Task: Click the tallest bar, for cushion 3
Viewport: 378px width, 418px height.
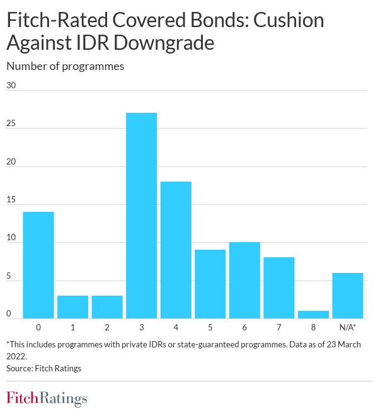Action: pos(142,216)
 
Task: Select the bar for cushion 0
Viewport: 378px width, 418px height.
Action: pos(38,265)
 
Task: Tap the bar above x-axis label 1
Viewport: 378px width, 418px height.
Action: pos(73,307)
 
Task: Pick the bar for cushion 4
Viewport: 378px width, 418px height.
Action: pos(176,250)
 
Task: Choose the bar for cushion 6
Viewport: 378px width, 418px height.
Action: pos(244,281)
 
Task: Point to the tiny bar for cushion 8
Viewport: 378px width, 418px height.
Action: pos(313,315)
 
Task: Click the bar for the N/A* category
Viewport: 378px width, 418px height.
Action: pos(348,296)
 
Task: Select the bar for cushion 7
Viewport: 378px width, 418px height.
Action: pos(279,288)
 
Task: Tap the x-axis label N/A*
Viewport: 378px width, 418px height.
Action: pos(348,328)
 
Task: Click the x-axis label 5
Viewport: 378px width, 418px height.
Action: pos(210,328)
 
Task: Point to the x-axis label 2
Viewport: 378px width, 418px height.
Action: pos(107,328)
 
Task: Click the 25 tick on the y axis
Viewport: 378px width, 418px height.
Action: pos(11,124)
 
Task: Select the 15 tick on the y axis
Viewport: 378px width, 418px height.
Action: pos(11,200)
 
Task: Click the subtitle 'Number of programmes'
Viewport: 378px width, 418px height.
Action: pos(65,66)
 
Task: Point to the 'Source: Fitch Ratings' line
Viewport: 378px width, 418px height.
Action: pos(43,368)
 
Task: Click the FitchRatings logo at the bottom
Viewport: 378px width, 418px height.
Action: pos(47,398)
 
